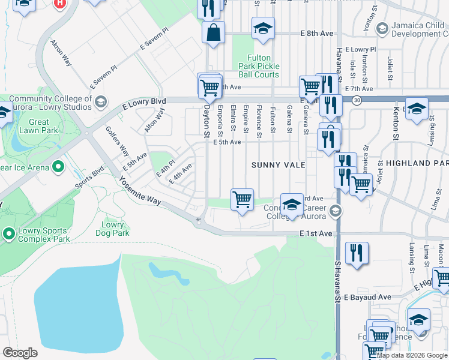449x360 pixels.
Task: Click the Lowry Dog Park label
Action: tap(112, 229)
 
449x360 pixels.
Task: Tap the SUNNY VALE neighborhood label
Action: tap(278, 164)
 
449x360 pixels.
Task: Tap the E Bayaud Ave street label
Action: tap(367, 297)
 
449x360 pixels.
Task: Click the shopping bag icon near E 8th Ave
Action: tap(214, 33)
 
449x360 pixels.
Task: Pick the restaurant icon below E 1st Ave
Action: tap(357, 253)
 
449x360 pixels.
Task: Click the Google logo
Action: tap(20, 353)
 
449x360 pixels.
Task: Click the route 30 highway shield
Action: tap(357, 100)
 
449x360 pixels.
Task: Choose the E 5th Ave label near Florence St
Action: tap(228, 142)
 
